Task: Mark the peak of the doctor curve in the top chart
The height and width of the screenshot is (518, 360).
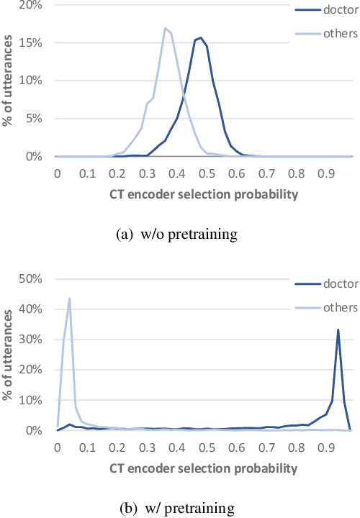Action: (201, 37)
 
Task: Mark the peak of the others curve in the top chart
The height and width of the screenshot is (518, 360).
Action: (165, 28)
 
